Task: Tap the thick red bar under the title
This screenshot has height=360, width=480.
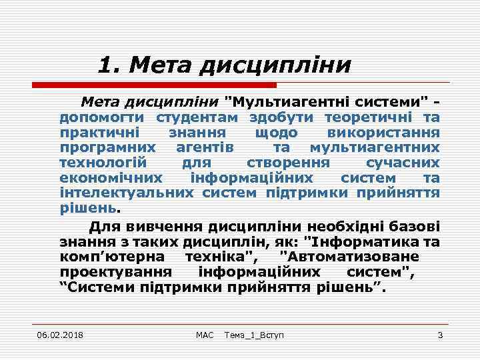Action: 154,85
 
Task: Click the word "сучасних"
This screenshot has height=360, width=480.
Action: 403,163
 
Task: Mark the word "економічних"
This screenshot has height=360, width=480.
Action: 111,178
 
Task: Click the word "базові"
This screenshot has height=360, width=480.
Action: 415,224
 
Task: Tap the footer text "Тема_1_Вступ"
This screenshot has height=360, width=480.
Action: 254,334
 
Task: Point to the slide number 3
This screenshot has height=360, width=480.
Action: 440,334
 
